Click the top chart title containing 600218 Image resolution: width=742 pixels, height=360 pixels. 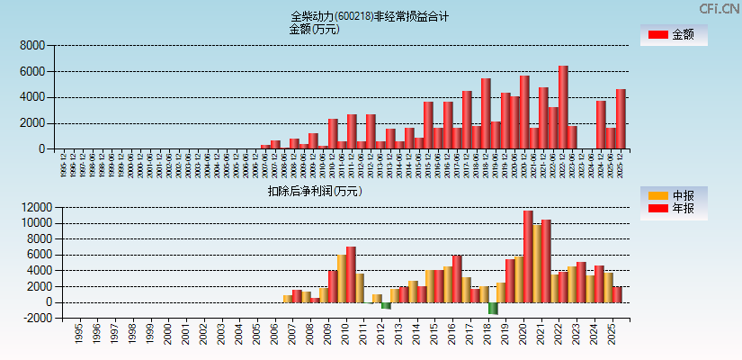(370, 16)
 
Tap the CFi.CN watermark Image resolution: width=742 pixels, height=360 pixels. (720, 9)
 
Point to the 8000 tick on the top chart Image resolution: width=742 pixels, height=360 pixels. (32, 45)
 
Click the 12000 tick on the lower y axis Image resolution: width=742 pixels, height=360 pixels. (29, 207)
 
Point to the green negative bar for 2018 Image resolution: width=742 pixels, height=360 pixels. (493, 308)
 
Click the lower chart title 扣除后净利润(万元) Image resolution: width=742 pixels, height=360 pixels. (314, 191)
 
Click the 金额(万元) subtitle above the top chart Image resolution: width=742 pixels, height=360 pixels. (314, 29)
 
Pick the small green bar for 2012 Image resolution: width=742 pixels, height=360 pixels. (386, 305)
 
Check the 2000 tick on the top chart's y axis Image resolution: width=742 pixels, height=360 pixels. (32, 123)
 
